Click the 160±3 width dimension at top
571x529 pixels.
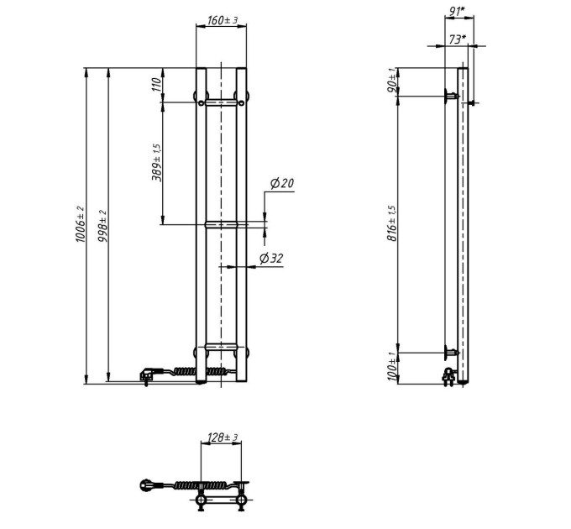[223, 20]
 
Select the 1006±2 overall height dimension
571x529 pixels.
[80, 224]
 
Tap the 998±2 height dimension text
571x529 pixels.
[102, 226]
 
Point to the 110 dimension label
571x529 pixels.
[156, 85]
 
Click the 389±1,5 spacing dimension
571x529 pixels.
[157, 162]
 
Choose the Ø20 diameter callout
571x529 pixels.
[282, 183]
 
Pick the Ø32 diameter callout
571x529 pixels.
[271, 258]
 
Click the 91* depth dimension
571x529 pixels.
[457, 11]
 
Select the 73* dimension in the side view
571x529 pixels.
[458, 39]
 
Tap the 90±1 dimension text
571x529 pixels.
[392, 80]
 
